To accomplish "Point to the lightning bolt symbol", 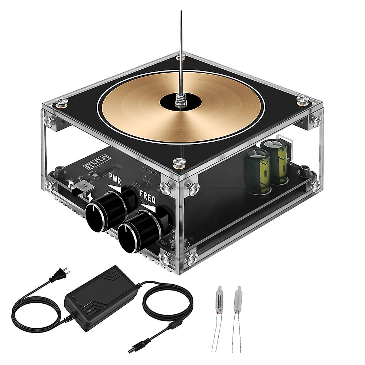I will pos(90,198).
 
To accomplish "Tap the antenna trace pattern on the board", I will pos(96,161).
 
